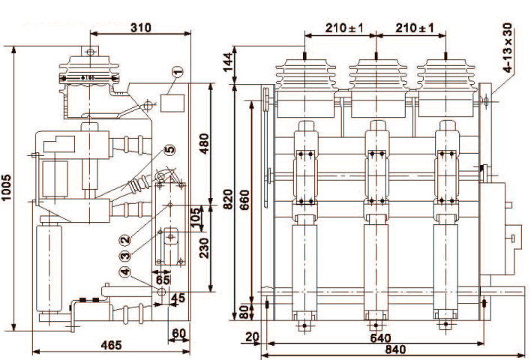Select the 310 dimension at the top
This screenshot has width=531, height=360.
click(x=141, y=28)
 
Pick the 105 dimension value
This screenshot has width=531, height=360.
click(x=196, y=218)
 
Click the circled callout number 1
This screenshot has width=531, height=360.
click(x=177, y=73)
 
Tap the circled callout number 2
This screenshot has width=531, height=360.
click(x=126, y=240)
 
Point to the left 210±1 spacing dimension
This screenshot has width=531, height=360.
click(x=344, y=28)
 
